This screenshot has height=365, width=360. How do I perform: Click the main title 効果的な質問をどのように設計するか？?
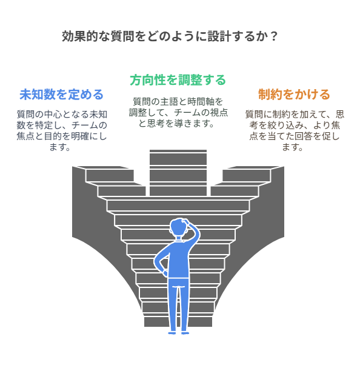pos(170,36)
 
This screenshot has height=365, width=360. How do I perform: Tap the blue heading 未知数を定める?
pos(61,95)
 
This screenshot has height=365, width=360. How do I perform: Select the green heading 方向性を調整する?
pos(178,80)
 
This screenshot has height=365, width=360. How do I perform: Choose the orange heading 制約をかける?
pos(294,95)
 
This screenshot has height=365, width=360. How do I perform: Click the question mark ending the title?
pos(274,36)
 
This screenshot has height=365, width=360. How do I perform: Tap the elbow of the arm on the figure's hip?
pos(155,261)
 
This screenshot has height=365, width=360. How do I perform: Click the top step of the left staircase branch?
pos(110,175)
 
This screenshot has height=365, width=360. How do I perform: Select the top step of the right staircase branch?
pos(246,175)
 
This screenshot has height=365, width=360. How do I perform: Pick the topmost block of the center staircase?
pos(178,159)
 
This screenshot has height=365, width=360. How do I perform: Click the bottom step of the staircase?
pos(178,322)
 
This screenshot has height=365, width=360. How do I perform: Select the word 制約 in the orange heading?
pos(270,95)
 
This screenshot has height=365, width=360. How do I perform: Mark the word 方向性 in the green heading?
pos(148,80)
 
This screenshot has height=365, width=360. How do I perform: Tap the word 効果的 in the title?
pos(80,36)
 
